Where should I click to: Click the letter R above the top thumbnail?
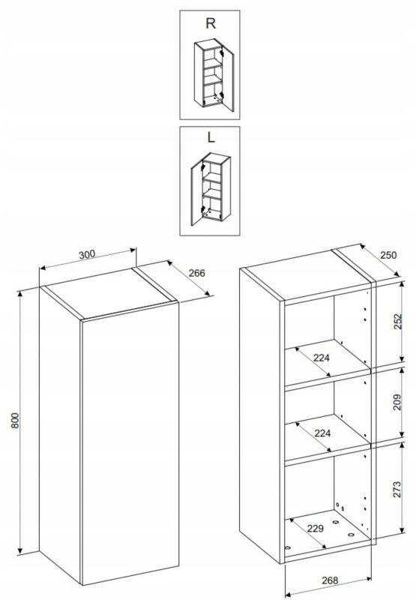click(x=211, y=23)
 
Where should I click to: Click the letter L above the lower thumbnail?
click(x=211, y=137)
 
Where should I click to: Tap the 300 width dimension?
click(x=87, y=254)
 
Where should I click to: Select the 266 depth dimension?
click(x=197, y=273)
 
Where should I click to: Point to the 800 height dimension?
click(x=14, y=420)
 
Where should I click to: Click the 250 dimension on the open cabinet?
click(x=388, y=255)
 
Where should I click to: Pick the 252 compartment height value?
click(x=398, y=322)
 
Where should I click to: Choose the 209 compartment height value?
click(x=397, y=402)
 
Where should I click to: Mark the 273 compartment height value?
click(x=397, y=490)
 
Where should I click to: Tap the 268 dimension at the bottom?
click(x=330, y=580)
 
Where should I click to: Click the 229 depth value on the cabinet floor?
click(x=316, y=529)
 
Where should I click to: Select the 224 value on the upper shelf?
click(x=321, y=358)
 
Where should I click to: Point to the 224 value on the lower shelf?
click(x=322, y=433)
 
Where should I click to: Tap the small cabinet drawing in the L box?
click(x=211, y=189)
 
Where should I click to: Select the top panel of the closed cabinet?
click(x=109, y=293)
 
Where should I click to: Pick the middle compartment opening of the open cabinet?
click(x=328, y=416)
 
